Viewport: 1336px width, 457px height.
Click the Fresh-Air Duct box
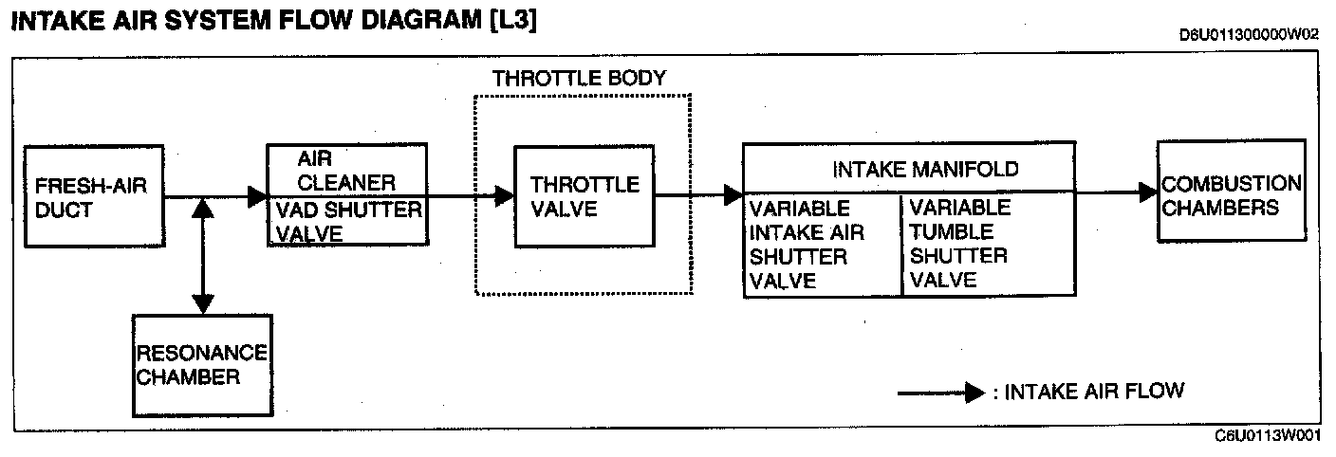pos(94,198)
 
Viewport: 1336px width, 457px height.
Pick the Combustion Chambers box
pos(1232,194)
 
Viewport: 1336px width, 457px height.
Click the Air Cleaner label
pos(346,170)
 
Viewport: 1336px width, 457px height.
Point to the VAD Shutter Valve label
pos(346,221)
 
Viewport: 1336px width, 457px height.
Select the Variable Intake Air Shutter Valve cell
pos(821,244)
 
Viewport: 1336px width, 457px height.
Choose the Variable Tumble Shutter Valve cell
pos(987,244)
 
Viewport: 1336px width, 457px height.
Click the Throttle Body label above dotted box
pos(579,79)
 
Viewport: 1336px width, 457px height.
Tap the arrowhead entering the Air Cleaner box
pos(257,197)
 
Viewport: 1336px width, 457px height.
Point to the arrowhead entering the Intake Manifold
pos(733,196)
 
